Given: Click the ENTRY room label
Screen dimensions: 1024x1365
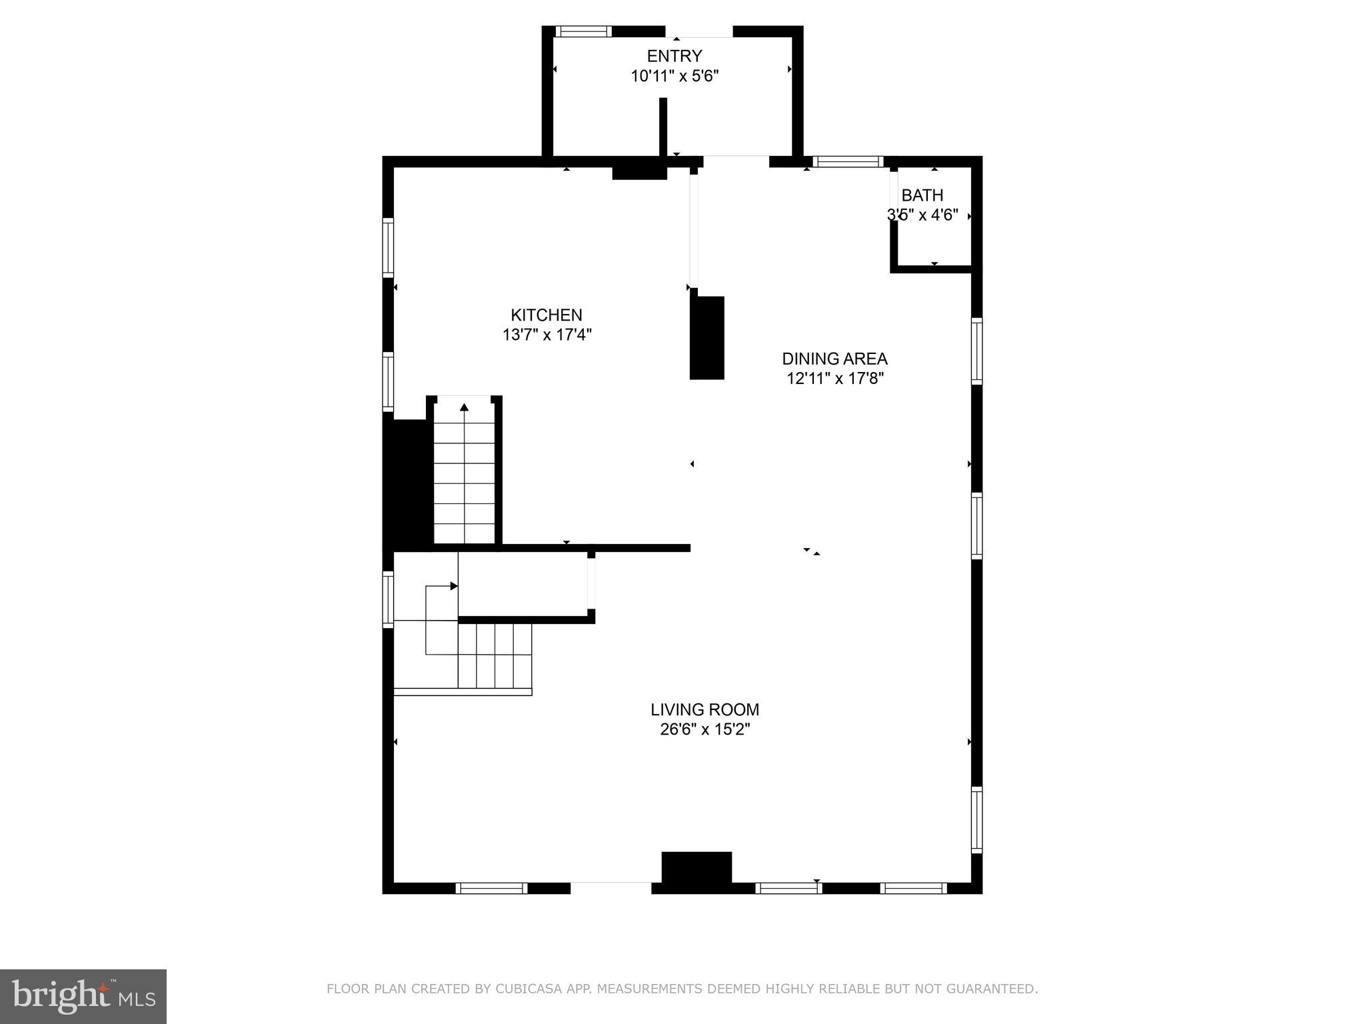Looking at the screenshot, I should pos(675,56).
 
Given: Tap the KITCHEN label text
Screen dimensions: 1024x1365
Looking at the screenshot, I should pos(547,315).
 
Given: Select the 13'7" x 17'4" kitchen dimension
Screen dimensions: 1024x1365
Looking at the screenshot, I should pos(547,335).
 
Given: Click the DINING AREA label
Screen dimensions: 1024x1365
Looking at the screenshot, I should pos(834,359).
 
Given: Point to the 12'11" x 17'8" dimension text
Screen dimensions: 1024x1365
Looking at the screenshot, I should pos(835,379).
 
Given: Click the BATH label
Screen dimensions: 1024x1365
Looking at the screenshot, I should pos(922,195).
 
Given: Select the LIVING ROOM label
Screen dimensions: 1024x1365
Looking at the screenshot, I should pos(705,709).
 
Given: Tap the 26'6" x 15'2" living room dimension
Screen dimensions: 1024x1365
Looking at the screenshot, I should pos(705,729).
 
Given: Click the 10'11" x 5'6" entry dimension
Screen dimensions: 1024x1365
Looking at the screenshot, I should pos(675,76).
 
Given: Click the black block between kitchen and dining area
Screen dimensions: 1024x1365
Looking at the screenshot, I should pos(707,338).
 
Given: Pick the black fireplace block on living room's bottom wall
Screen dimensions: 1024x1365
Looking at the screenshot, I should pos(696,867).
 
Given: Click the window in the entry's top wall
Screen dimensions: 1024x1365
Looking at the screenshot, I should pos(584,31).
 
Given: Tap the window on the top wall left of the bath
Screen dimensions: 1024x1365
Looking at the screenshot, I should pos(848,161).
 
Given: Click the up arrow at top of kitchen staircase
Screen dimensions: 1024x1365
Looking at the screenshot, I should pos(465,407).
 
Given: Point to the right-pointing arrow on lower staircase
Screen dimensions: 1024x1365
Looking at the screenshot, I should pos(454,586).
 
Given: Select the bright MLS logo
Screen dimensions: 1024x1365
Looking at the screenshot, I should pos(83,997).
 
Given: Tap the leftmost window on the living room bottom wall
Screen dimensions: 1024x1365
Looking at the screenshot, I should pos(491,888).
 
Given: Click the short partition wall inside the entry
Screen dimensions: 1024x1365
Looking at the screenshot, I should pos(663,127).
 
